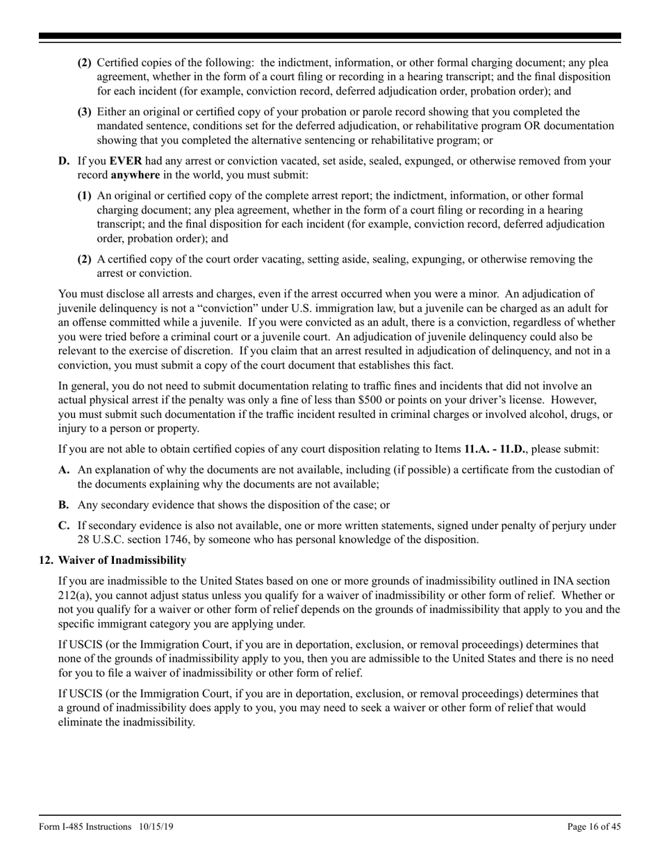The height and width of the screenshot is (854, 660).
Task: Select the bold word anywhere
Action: pos(135,174)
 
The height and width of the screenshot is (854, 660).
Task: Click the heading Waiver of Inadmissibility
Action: pos(122,560)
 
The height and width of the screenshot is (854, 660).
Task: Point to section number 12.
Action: pos(46,560)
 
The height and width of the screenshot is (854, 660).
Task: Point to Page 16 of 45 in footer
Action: pos(594,826)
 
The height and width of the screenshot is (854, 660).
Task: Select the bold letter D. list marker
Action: pos(64,161)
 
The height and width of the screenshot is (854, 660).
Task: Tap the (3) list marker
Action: pos(84,112)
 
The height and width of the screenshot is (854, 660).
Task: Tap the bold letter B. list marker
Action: pos(64,505)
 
